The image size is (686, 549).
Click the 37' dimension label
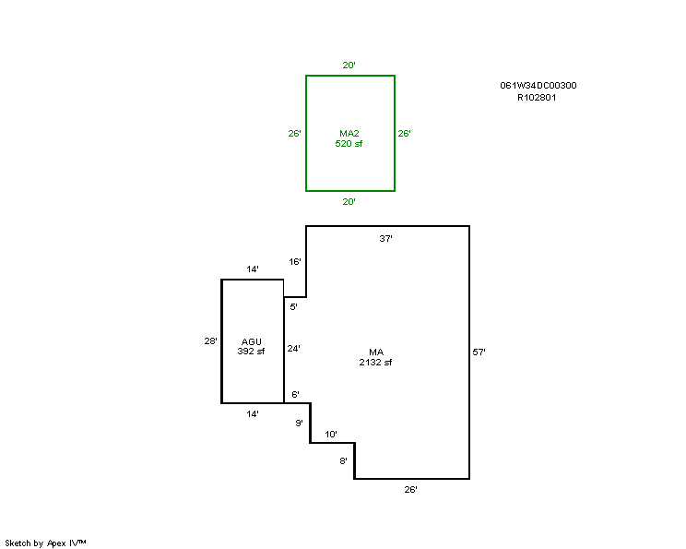point(385,239)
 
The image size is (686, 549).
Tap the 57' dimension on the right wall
point(479,352)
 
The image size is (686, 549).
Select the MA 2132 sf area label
point(375,357)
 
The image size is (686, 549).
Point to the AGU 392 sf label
point(251,346)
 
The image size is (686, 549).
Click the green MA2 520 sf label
point(349,138)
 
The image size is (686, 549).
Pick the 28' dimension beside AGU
point(210,340)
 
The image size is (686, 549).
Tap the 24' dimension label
point(293,349)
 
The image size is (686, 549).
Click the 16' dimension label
point(295,262)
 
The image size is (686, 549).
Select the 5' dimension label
point(293,307)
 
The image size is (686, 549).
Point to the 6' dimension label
point(295,395)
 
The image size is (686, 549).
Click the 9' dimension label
point(299,423)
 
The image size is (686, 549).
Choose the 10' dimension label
point(331,435)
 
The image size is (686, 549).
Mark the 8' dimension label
point(343,461)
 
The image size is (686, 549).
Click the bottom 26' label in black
point(410,489)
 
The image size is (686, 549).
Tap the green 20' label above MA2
point(349,66)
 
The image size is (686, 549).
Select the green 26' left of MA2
point(294,134)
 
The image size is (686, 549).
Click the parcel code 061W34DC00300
point(538,86)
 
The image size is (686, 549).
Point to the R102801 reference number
point(537,98)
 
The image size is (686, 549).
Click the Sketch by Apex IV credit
point(45,543)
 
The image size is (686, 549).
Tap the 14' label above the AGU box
point(253,269)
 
